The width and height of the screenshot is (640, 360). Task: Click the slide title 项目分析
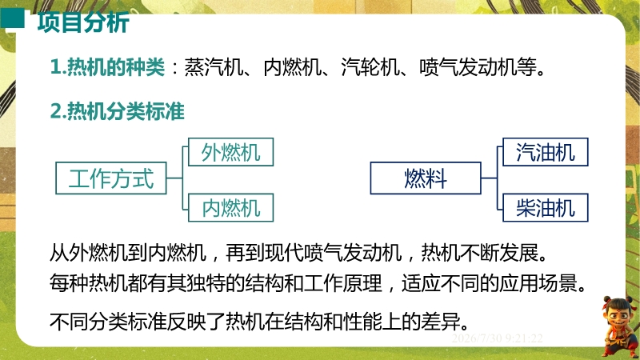coord(83,22)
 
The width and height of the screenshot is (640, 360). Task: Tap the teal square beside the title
coord(12,18)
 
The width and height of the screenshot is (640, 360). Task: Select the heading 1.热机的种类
coord(107,67)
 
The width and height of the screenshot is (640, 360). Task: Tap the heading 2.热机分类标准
coord(118,111)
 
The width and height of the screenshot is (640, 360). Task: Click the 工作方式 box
coord(111,178)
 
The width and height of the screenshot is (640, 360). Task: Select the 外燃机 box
coord(230,152)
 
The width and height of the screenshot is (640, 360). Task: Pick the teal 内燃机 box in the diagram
coord(230,208)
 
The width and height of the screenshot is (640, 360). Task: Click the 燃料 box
coord(426,178)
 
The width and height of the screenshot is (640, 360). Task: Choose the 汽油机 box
coord(546,152)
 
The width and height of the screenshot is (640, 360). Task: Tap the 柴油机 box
coord(546,208)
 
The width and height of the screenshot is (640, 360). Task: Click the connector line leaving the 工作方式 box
coord(174,178)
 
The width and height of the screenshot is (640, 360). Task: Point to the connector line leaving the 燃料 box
coord(489,178)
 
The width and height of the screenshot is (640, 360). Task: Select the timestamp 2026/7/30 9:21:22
coord(497,338)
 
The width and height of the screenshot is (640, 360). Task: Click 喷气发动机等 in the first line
coord(478,67)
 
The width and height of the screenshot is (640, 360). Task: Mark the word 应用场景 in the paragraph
coord(538,283)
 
